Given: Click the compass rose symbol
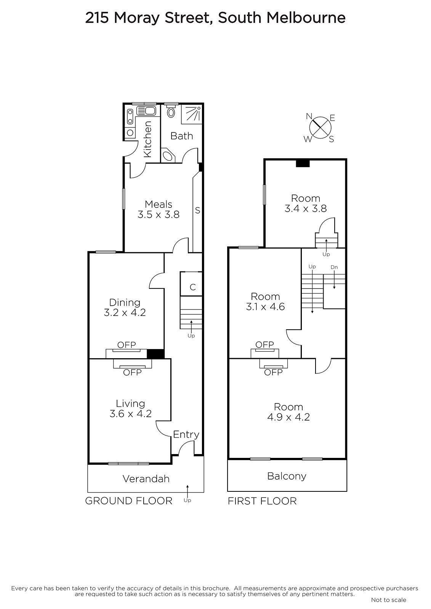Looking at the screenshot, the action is [x=320, y=128].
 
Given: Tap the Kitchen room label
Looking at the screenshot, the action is [x=147, y=139].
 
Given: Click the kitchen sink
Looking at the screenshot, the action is [x=146, y=111].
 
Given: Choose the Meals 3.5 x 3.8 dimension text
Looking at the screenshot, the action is [x=159, y=215].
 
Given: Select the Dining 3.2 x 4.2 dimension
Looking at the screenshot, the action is [x=125, y=312].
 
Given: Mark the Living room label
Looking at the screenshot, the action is [x=130, y=403].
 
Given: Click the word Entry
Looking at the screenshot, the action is [x=186, y=434].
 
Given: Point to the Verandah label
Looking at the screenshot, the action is [x=146, y=479].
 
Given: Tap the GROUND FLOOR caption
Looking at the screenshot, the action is [x=129, y=501].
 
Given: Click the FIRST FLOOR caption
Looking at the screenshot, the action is [x=262, y=501].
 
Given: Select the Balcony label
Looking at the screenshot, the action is [x=287, y=476].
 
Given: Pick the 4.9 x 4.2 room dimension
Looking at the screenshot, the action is [x=288, y=417].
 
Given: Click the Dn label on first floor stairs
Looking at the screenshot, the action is [x=334, y=267].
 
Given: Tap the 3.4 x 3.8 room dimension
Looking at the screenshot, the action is [x=306, y=209].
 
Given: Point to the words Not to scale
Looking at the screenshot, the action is [x=389, y=600].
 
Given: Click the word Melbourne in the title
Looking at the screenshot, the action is [x=306, y=18].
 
